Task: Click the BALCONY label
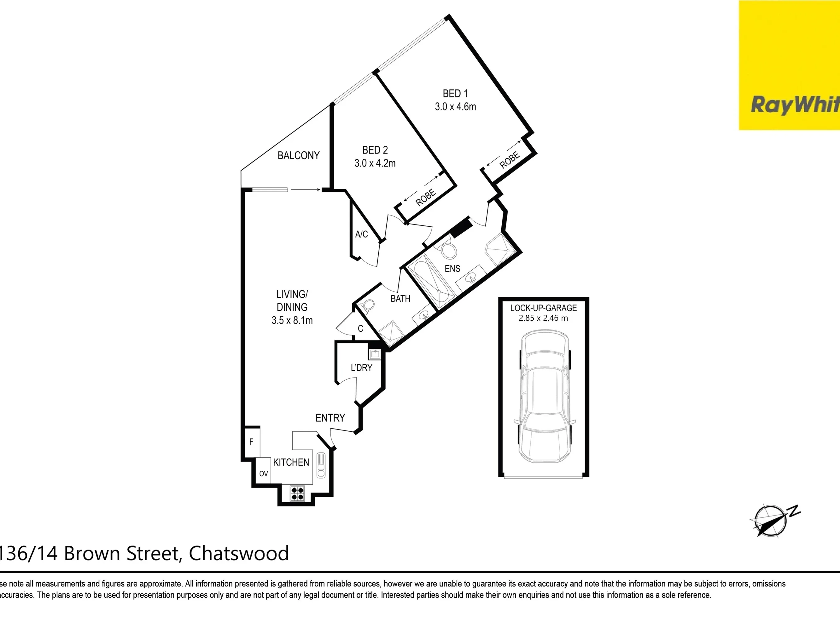coord(299,155)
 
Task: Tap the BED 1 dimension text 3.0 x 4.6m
coord(455,107)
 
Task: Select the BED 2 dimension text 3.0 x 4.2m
coord(375,163)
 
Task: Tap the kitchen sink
coord(321,465)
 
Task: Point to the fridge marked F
coord(251,442)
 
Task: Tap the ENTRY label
coord(330,418)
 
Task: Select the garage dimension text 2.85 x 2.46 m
coord(543,318)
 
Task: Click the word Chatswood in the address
coord(239,553)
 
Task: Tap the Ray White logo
coord(789,65)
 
